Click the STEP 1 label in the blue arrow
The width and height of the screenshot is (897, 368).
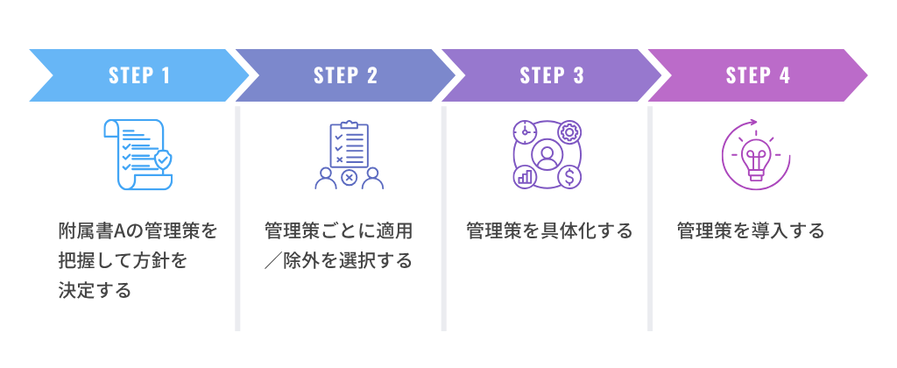click(139, 75)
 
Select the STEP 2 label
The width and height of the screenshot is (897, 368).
click(345, 75)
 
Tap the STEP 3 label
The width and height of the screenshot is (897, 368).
click(552, 75)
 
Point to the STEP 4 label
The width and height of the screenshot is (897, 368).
click(758, 75)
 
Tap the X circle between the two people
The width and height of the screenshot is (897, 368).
click(349, 178)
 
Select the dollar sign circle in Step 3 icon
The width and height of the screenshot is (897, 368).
click(570, 178)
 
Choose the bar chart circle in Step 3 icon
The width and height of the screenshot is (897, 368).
click(525, 178)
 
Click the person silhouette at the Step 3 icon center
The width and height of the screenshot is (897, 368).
click(547, 155)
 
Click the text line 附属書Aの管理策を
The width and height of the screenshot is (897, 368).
click(138, 231)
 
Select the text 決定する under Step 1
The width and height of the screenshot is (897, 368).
click(95, 289)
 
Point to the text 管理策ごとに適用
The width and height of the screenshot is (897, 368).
click(338, 231)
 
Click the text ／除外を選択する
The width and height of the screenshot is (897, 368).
click(338, 260)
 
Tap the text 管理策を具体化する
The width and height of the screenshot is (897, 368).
click(549, 231)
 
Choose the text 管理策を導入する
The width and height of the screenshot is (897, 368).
click(751, 231)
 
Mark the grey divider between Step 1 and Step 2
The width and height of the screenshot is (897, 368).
click(237, 219)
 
